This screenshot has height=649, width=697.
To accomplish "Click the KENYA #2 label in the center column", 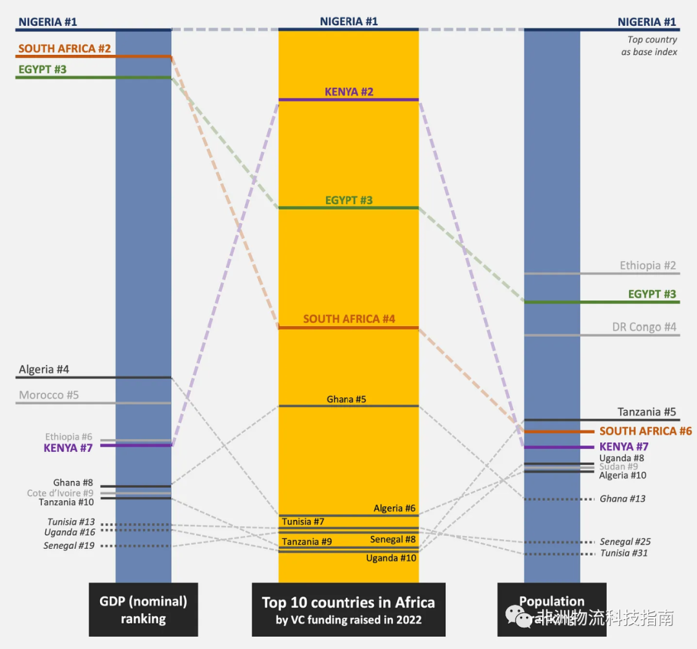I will (x=348, y=92).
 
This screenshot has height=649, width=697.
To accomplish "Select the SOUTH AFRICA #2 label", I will (x=65, y=48).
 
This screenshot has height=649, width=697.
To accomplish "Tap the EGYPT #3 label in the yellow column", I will (x=348, y=200).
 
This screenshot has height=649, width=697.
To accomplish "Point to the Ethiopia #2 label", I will (x=647, y=265).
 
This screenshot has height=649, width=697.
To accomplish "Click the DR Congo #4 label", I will (x=643, y=327).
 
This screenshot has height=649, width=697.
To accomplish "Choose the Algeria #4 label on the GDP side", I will (x=44, y=369).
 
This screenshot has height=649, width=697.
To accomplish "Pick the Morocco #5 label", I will (x=48, y=395).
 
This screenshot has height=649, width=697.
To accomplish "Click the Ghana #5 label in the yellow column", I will (x=346, y=399).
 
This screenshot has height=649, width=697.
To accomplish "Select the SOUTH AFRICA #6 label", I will (x=645, y=431).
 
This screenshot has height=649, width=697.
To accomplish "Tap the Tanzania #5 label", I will (x=646, y=412).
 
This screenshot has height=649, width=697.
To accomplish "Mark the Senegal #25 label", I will (x=625, y=542).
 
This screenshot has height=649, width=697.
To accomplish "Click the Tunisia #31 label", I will (x=624, y=553).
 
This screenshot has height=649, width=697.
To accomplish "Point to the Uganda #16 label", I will (x=70, y=532).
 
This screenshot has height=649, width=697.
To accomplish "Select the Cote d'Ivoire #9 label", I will (x=60, y=493).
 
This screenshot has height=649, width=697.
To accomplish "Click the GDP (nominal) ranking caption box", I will (x=143, y=610).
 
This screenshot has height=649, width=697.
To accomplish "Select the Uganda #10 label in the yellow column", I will (x=391, y=558).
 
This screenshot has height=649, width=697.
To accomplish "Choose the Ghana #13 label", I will (x=622, y=499).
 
